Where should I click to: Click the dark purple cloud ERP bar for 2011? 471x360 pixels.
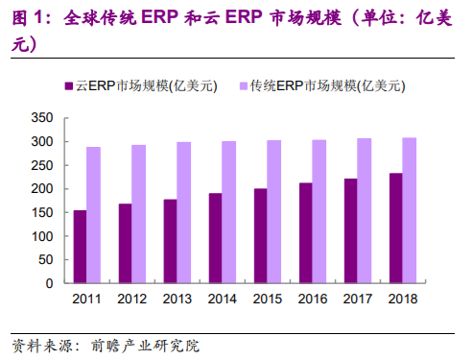(x=80, y=247)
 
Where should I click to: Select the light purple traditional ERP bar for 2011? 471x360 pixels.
(x=93, y=215)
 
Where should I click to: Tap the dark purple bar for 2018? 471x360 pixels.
(x=395, y=228)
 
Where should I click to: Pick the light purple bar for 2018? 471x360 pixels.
(x=410, y=210)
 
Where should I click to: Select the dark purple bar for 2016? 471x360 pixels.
(x=305, y=233)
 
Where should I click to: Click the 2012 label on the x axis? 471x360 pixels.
(x=131, y=300)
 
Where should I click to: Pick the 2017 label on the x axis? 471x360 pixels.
(x=357, y=300)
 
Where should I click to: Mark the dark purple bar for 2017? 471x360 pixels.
(x=350, y=231)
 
